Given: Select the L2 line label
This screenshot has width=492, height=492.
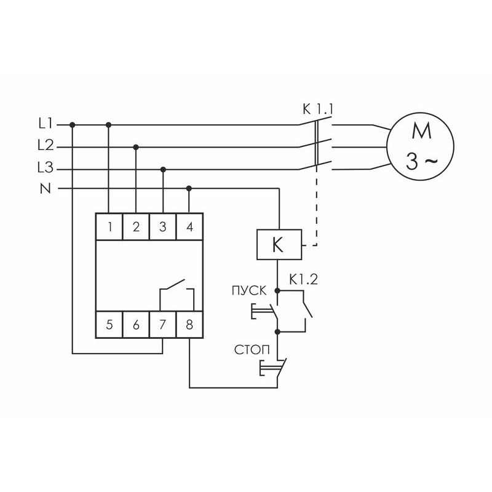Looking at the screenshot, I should coord(46,146).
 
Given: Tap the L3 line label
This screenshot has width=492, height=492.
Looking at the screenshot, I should coord(46,168).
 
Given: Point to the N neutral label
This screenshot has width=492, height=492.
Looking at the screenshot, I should coord(45,188).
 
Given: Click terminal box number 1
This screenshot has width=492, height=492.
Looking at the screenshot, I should coord(109,227).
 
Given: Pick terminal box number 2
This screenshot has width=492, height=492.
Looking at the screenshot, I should coord(136,227).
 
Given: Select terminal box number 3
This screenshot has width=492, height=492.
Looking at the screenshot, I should coord(162,227).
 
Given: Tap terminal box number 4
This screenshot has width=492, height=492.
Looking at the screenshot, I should coord(189,227).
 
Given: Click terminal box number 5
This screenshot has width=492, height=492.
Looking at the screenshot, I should coord(109,325).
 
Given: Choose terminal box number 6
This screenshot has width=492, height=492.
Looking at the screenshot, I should coord(136,325).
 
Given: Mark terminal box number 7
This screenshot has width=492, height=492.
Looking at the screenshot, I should coord(162,325).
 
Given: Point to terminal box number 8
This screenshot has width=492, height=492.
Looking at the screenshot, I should coord(189,325).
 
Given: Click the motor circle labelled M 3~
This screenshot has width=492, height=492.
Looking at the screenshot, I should coord(420,146).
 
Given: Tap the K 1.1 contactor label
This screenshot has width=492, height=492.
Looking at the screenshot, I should coord(317,109).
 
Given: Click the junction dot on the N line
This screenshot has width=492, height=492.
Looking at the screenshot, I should coord(189,188).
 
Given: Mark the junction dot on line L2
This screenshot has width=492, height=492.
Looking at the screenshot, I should coord(136,147).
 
